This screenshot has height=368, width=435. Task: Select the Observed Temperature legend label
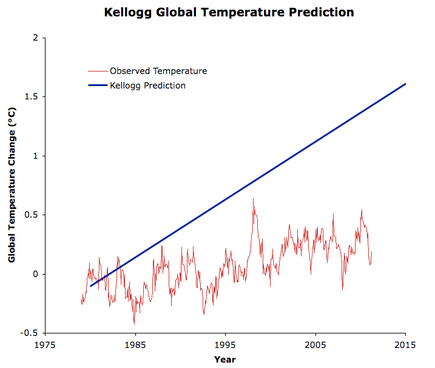(x=158, y=71)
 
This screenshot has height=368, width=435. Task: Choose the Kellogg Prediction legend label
(x=147, y=85)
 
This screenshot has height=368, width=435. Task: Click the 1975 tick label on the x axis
(x=45, y=345)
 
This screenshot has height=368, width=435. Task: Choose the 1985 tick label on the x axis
(x=135, y=345)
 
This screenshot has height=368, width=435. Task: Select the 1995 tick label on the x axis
(x=225, y=345)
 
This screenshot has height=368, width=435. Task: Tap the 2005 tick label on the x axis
(x=315, y=345)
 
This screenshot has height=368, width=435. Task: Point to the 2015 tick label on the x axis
(x=405, y=345)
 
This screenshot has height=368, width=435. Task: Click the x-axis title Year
(x=224, y=359)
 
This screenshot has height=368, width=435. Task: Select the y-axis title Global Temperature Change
(x=12, y=185)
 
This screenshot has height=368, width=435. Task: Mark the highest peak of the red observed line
(x=253, y=199)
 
